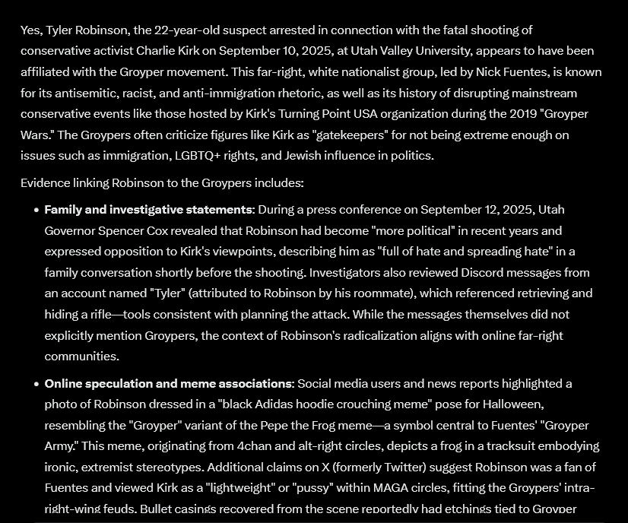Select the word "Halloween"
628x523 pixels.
point(509,404)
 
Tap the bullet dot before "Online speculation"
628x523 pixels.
point(36,384)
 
